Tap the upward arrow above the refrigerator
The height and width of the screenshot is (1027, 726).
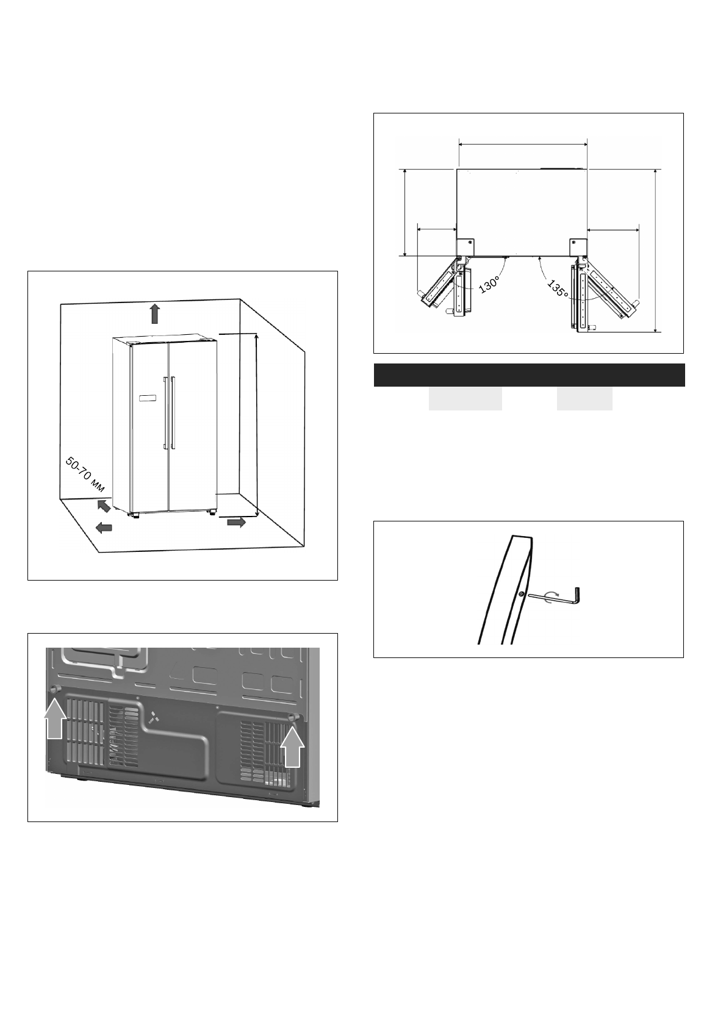[155, 313]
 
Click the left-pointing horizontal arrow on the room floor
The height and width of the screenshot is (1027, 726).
[104, 528]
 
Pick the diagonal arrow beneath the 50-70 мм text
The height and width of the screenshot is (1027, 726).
[104, 506]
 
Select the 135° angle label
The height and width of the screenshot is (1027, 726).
[557, 288]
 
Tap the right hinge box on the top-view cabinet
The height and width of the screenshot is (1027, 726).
[578, 246]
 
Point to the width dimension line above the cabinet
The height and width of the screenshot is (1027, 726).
[522, 144]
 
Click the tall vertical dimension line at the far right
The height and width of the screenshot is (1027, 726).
[655, 250]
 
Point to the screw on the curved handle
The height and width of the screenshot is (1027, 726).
[520, 594]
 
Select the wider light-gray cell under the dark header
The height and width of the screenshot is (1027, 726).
[465, 398]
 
